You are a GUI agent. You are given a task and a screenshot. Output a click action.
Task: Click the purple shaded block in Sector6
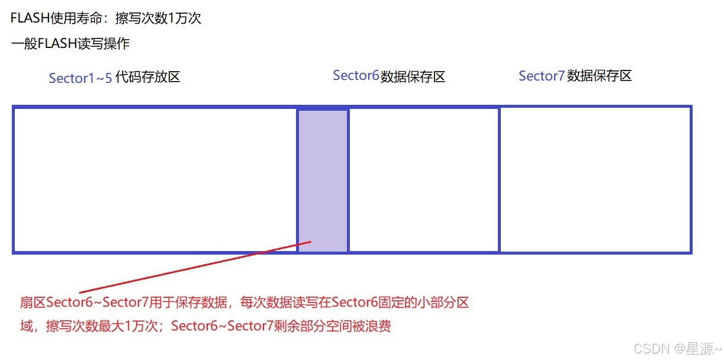323,178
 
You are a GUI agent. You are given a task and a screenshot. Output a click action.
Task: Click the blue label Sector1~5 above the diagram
80,78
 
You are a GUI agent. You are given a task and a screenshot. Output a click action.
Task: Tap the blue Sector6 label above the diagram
355,76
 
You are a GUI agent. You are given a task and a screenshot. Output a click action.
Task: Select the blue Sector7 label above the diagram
541,76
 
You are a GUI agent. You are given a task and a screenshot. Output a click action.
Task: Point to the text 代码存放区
147,78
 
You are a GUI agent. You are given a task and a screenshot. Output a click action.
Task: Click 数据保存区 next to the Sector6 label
413,76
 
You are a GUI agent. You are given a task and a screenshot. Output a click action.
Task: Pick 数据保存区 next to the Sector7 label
599,76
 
